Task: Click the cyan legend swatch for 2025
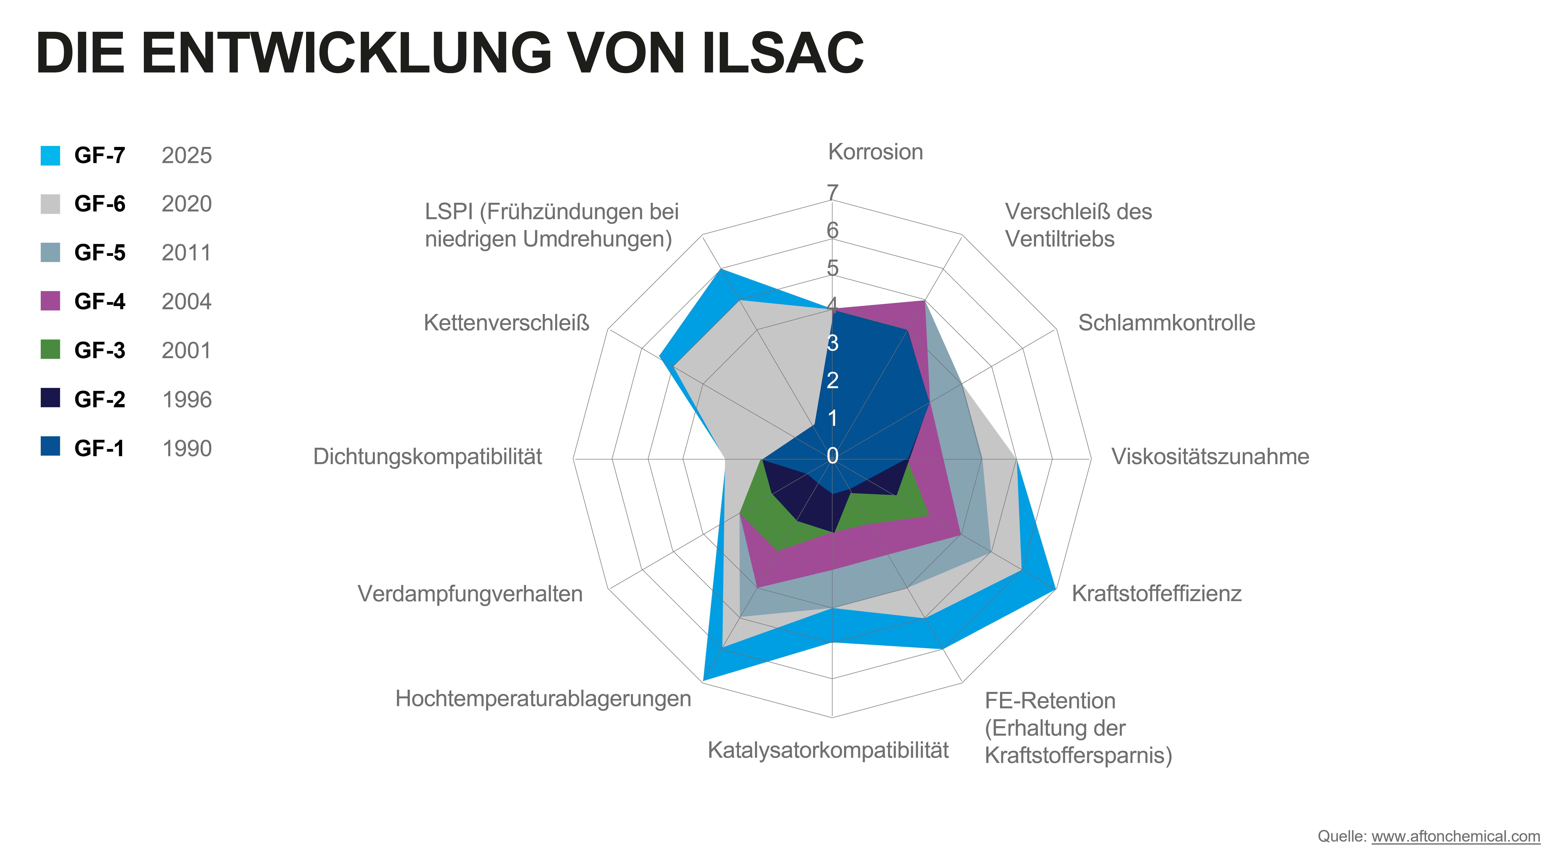pos(51,155)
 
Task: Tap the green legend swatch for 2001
pos(51,349)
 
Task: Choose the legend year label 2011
pos(187,253)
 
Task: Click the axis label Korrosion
pos(875,152)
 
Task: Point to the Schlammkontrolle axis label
pos(1166,323)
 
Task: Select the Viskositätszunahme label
pos(1210,456)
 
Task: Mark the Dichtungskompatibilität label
pos(427,456)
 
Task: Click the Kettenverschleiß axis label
pos(506,323)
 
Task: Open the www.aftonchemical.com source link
pos(1456,836)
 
